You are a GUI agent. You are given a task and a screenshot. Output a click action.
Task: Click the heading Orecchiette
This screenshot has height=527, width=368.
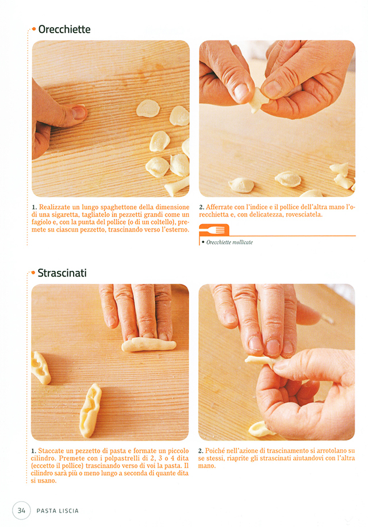pyautogui.click(x=64, y=29)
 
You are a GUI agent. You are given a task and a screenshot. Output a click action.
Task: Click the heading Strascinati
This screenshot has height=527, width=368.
pyautogui.click(x=62, y=273)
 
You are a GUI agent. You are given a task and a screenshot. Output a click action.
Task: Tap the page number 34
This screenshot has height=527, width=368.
pyautogui.click(x=21, y=510)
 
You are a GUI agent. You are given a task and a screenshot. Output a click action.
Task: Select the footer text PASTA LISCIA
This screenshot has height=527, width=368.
pyautogui.click(x=57, y=511)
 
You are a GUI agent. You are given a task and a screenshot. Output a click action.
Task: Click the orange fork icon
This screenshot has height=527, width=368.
pyautogui.click(x=214, y=230)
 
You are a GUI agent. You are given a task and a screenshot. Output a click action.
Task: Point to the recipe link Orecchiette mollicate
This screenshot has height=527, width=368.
pyautogui.click(x=229, y=242)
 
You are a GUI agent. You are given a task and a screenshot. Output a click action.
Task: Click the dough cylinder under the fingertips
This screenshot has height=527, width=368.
pyautogui.click(x=148, y=345)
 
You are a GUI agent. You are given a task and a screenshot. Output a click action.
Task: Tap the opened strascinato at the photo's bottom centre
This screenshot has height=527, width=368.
pyautogui.click(x=90, y=410)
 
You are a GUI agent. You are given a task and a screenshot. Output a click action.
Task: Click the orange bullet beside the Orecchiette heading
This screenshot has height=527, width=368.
pyautogui.click(x=33, y=29)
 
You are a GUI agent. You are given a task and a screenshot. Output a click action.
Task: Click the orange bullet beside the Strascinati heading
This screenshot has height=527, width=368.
pyautogui.click(x=33, y=273)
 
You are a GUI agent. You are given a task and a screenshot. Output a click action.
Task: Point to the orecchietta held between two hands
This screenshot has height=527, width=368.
pyautogui.click(x=258, y=99)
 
